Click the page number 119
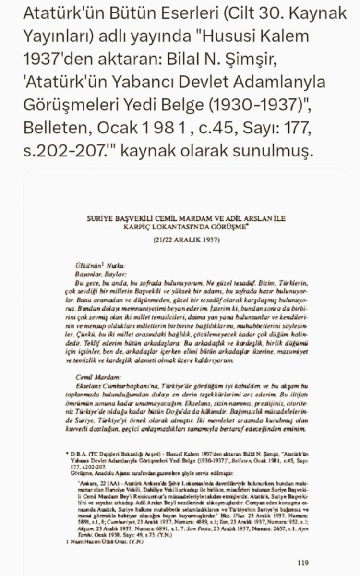pos(302,563)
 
